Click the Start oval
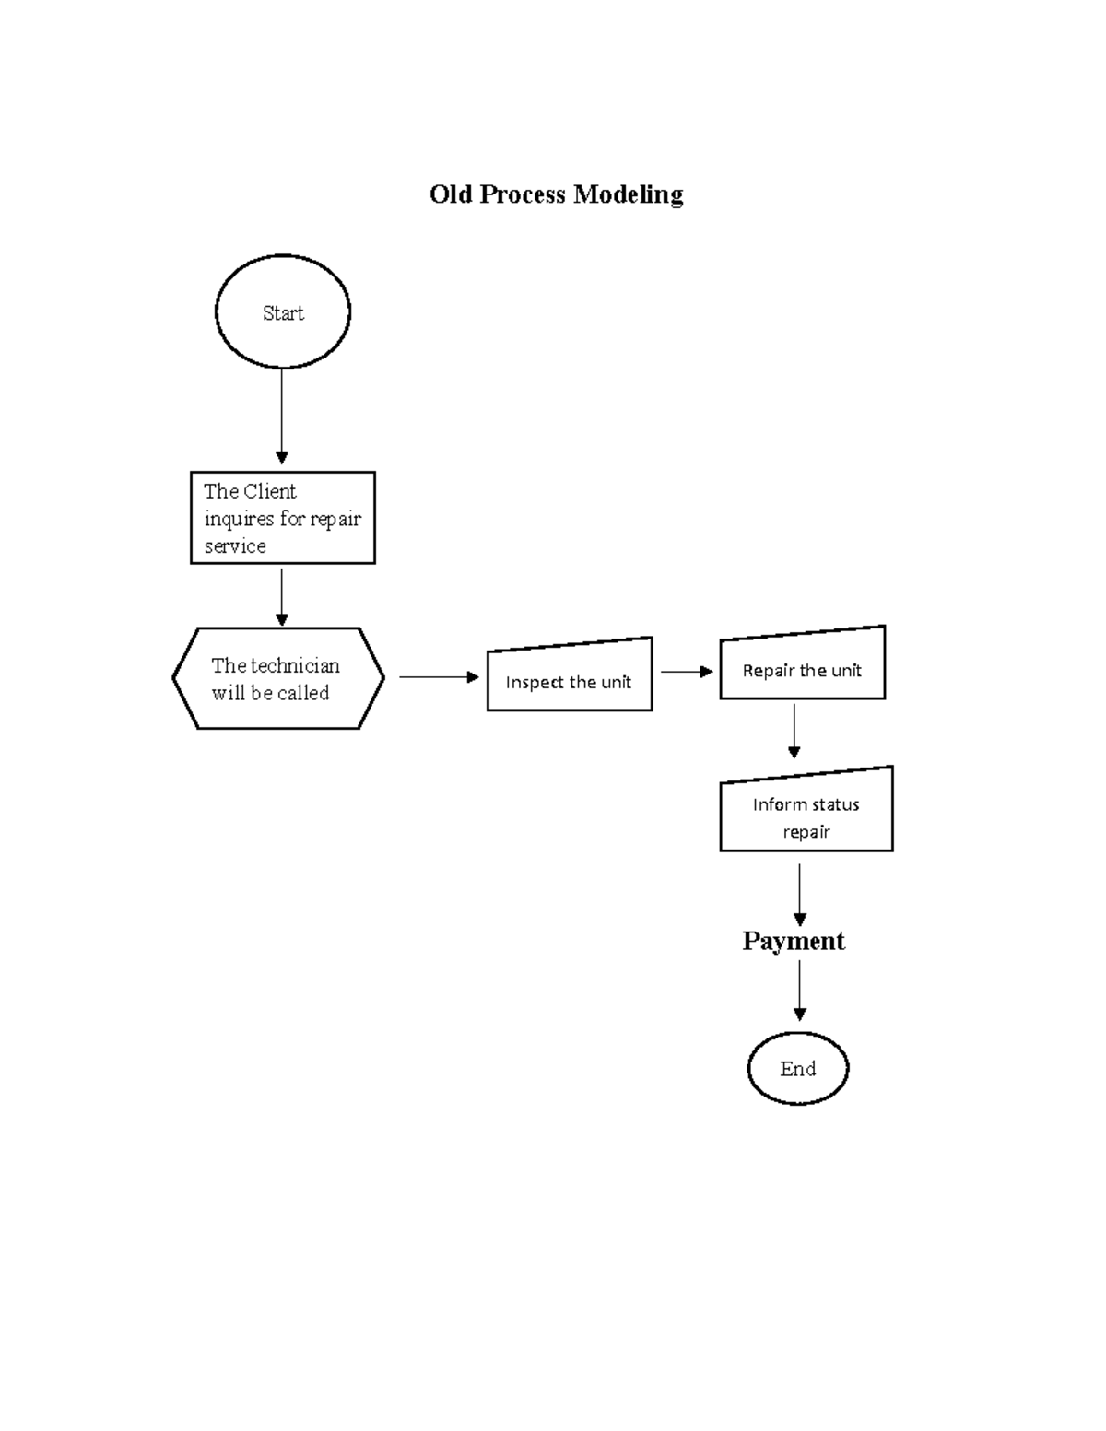282,312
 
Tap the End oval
797,1068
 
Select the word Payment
793,941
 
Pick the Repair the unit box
802,666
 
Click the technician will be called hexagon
277,679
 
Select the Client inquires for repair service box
282,518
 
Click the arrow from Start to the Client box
281,415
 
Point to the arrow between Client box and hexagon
281,596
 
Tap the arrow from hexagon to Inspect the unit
439,677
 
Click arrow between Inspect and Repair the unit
686,672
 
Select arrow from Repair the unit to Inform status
794,730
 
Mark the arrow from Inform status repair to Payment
799,894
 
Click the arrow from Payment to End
799,990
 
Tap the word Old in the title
451,194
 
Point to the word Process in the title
522,194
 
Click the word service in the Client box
235,546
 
